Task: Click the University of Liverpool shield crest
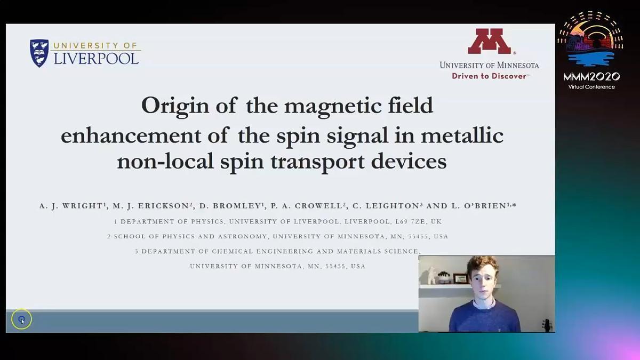click(x=39, y=53)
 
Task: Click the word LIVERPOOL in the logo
click(x=97, y=59)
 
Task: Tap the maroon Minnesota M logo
click(x=490, y=41)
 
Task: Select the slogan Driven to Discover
click(x=489, y=76)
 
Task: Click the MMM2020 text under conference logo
click(x=591, y=77)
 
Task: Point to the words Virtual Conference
click(x=591, y=87)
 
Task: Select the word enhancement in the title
click(x=131, y=135)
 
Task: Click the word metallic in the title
click(x=462, y=135)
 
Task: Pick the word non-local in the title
click(x=165, y=161)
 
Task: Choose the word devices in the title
click(x=409, y=161)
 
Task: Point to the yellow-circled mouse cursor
click(x=22, y=319)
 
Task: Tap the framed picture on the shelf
click(x=460, y=278)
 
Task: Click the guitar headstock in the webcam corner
click(x=547, y=325)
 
